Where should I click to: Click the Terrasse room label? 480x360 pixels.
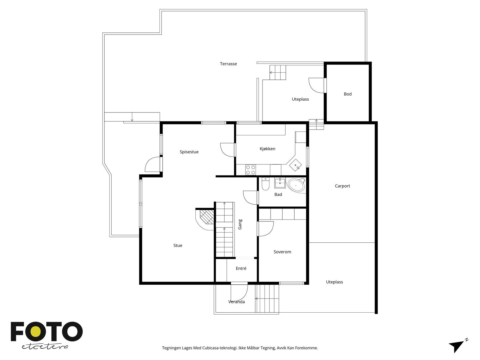228,64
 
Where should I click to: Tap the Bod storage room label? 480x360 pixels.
347,94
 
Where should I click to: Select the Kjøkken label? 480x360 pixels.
267,149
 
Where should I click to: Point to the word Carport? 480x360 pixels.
343,186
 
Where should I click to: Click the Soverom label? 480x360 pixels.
282,252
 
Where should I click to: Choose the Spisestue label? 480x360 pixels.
189,152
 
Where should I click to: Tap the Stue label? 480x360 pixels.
178,245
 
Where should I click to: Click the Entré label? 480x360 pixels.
241,268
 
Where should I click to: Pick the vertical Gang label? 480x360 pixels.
240,224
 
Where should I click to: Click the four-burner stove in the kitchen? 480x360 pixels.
250,170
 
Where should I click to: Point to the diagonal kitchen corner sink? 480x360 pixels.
295,165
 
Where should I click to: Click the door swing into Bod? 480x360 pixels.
316,85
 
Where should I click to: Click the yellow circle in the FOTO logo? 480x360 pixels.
35,331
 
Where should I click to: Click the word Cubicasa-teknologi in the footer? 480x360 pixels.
220,348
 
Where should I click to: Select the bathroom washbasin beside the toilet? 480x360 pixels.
280,183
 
